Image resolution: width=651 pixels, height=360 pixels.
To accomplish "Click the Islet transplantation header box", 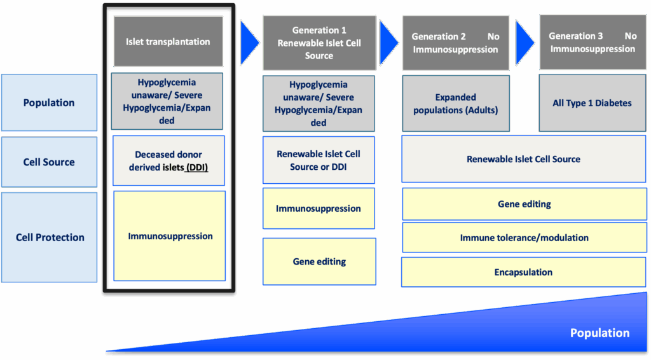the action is [x=168, y=41].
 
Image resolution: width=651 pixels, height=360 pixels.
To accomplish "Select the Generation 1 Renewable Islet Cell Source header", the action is [x=319, y=43].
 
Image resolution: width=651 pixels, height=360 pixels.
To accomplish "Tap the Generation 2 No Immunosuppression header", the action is [x=455, y=43].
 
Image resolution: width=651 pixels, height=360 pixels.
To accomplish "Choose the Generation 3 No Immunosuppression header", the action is [x=593, y=43].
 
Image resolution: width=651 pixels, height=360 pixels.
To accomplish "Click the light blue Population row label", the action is [x=49, y=102].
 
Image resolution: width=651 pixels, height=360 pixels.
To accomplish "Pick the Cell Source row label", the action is [x=49, y=162].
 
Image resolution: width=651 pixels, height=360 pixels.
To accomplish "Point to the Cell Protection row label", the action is [x=50, y=237].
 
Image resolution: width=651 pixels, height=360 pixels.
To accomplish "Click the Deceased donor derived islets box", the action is [x=168, y=161].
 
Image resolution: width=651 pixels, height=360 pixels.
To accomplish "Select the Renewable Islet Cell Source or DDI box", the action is [x=319, y=160].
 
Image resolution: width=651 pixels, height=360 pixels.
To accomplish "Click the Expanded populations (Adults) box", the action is [x=455, y=104].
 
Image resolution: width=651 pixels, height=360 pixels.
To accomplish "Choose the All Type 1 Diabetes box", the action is [x=593, y=103].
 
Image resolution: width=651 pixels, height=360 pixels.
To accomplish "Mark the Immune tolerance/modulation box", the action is [x=524, y=237].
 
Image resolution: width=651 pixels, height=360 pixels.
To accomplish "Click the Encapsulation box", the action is [x=524, y=272].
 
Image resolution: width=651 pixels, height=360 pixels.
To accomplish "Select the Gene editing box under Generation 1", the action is [x=319, y=261].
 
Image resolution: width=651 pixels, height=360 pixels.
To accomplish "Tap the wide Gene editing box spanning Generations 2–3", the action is [x=524, y=204].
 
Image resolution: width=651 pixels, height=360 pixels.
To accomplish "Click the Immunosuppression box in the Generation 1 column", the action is [x=319, y=209].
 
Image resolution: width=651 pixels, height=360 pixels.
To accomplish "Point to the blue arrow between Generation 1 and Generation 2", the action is [x=388, y=43].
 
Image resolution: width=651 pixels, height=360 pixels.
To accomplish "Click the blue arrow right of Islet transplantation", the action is [x=249, y=43].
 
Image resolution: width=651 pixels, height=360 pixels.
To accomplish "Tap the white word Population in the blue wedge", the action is [x=600, y=333].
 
